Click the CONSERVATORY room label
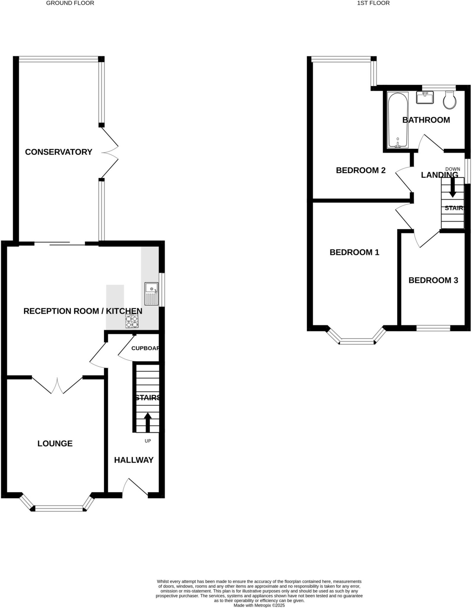coord(58,152)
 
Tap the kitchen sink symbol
coord(151,294)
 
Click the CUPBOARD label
coord(145,348)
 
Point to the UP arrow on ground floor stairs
coord(148,422)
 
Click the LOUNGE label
coord(55,444)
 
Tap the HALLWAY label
coord(134,460)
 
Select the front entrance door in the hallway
coord(135,487)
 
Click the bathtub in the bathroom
coord(398,120)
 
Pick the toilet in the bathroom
coord(450,100)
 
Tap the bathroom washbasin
coord(425,97)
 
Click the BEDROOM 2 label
coord(360,170)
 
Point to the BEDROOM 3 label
coord(433,280)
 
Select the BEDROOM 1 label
coord(354,252)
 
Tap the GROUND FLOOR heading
coord(70,3)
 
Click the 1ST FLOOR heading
coord(373,3)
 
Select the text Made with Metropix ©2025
coord(259,605)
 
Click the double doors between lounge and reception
coord(57,385)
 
